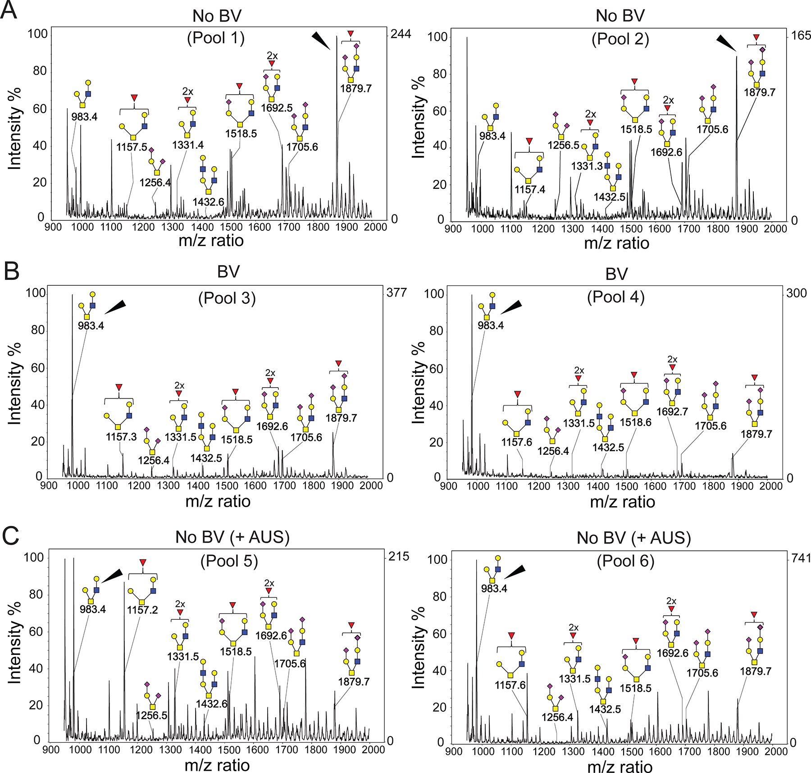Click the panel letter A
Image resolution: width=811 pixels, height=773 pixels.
click(9, 10)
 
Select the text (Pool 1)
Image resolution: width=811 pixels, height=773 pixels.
click(216, 38)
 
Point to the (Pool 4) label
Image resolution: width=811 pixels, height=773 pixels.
click(615, 297)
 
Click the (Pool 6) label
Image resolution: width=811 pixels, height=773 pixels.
click(625, 561)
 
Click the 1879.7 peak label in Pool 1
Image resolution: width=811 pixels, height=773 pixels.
click(355, 88)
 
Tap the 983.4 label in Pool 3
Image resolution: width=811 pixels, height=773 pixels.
click(91, 325)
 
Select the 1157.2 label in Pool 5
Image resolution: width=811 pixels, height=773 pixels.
click(142, 610)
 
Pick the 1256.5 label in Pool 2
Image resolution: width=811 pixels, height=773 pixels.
click(563, 145)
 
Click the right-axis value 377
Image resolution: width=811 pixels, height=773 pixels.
click(396, 293)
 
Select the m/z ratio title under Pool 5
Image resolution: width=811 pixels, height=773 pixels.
click(217, 765)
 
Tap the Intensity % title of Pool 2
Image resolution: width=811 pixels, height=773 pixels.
click(419, 117)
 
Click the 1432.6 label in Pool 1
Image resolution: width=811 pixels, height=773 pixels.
click(208, 202)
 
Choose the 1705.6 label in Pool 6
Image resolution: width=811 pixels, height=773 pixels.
click(702, 673)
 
